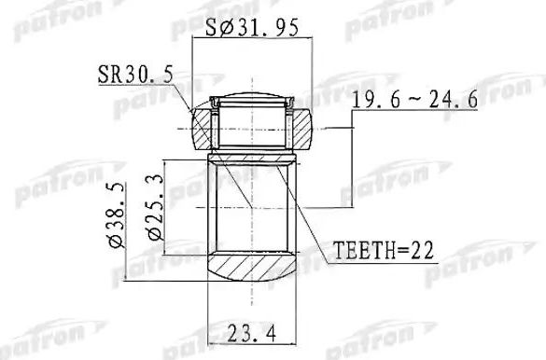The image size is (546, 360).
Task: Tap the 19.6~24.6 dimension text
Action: coord(414,102)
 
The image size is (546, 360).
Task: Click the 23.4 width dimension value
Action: coord(249,331)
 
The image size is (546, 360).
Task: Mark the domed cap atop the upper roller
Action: coord(251,95)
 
